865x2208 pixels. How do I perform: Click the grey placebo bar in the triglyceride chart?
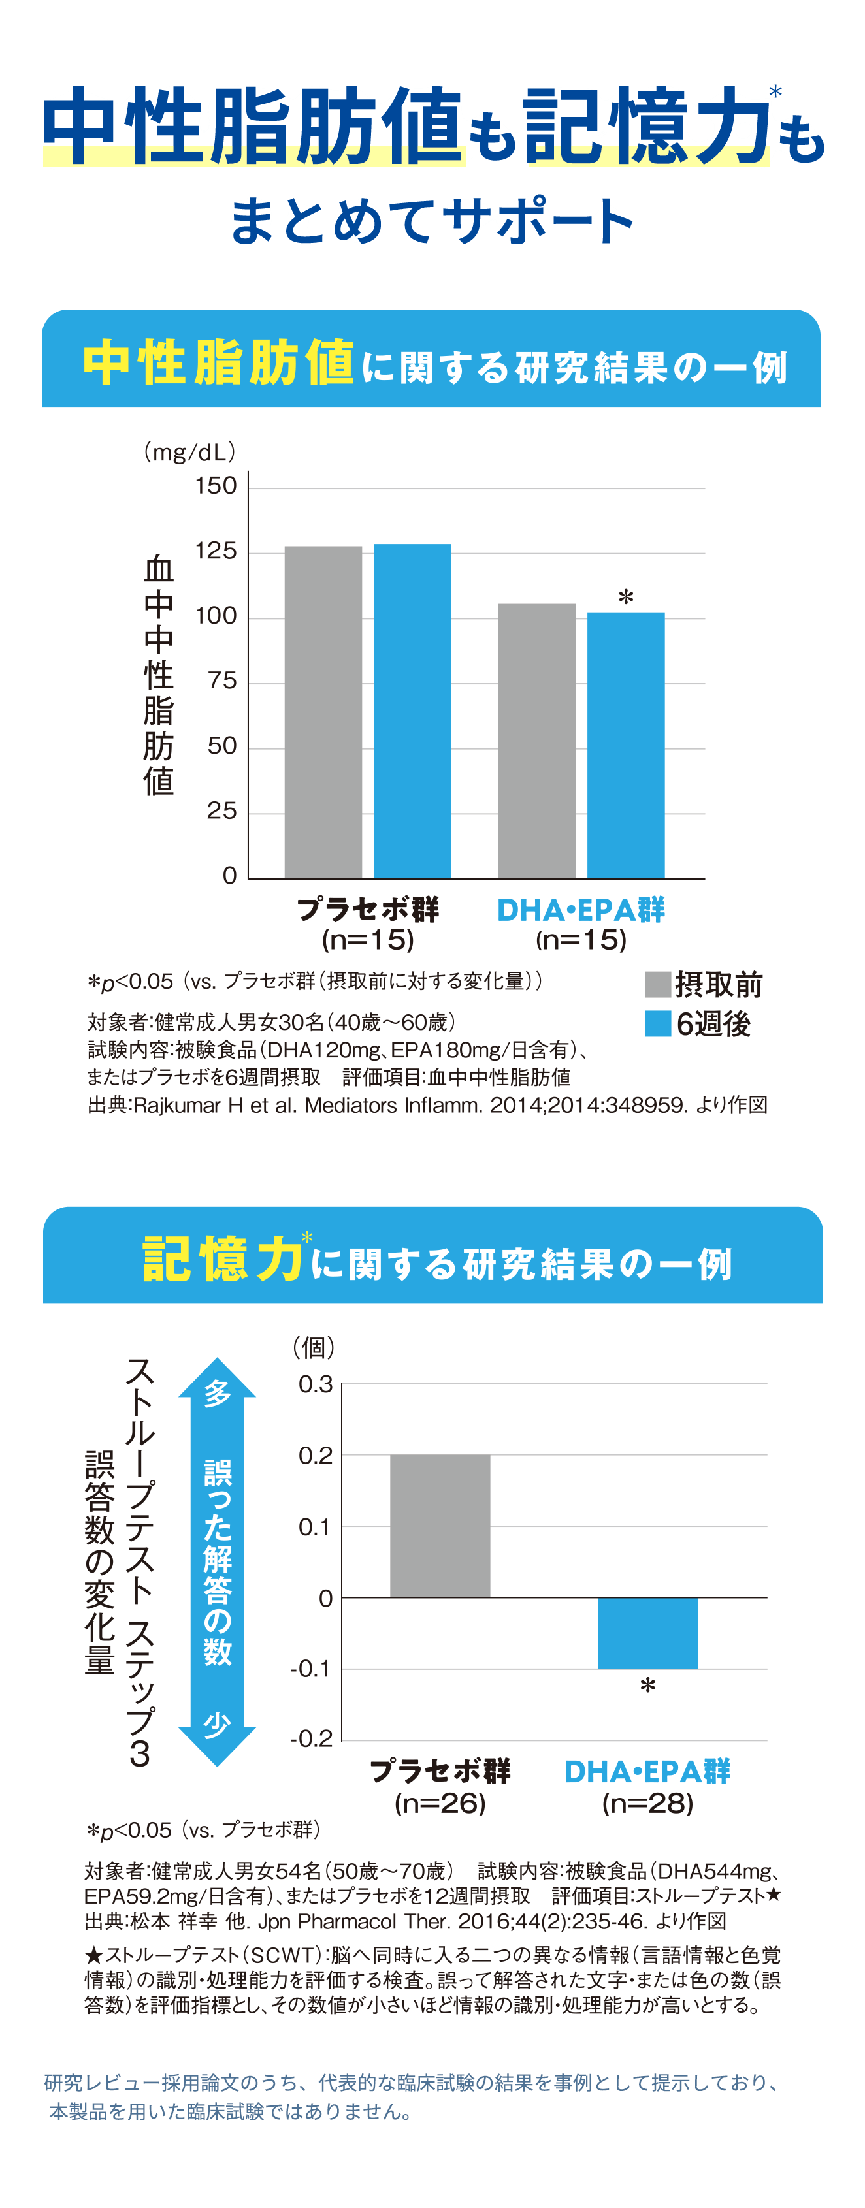(x=323, y=711)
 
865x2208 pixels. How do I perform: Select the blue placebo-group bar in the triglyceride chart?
(x=412, y=711)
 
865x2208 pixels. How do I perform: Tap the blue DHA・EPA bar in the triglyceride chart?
(x=626, y=745)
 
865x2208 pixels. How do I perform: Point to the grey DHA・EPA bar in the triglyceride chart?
(x=536, y=741)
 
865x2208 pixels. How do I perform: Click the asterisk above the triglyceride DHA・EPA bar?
(x=626, y=597)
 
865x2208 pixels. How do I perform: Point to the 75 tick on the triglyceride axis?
(x=221, y=680)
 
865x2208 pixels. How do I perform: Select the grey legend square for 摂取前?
(x=657, y=984)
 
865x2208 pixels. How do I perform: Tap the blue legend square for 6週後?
(x=657, y=1023)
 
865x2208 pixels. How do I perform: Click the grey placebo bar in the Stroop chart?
(x=440, y=1526)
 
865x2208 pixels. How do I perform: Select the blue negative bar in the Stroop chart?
(x=647, y=1633)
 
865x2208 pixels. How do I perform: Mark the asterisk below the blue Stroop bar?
(x=647, y=1687)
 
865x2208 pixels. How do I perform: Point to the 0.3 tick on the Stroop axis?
(x=316, y=1384)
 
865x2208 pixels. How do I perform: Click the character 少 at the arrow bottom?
(x=217, y=1723)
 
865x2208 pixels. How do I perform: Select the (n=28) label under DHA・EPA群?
(x=647, y=1804)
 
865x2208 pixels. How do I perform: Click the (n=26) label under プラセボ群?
(x=440, y=1804)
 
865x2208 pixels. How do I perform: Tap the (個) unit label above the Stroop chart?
(x=314, y=1347)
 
